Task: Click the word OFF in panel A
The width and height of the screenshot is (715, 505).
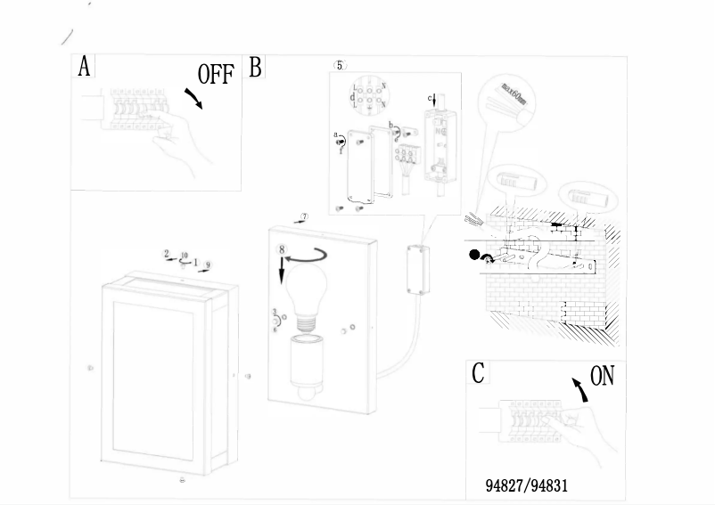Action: (x=215, y=74)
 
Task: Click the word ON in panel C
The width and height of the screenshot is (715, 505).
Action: (x=603, y=377)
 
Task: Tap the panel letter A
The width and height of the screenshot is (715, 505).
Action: (x=85, y=67)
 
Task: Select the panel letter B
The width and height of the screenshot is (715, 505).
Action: (x=256, y=67)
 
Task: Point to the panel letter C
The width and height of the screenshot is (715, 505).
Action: (x=479, y=373)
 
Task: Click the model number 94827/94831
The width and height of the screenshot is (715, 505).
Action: (x=526, y=486)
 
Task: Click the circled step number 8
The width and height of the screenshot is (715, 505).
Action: (x=283, y=251)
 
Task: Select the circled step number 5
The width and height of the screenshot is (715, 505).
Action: (x=339, y=65)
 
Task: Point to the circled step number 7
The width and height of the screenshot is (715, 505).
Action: (x=304, y=216)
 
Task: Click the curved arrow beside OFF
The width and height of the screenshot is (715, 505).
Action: (x=193, y=98)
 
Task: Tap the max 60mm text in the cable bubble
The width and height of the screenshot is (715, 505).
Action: (x=511, y=93)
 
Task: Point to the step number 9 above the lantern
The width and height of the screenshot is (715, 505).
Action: (x=207, y=265)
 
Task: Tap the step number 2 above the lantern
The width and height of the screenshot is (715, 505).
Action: (x=166, y=254)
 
